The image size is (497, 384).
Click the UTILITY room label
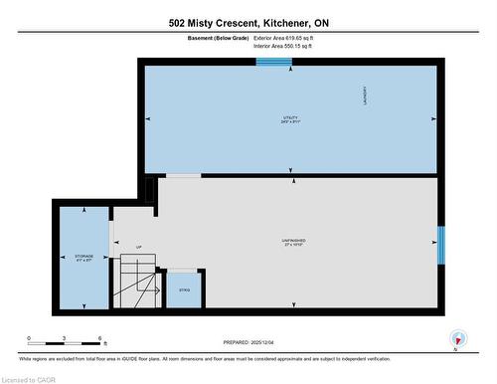click(x=290, y=118)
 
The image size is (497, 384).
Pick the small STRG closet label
click(x=184, y=289)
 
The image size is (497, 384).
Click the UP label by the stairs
click(x=138, y=247)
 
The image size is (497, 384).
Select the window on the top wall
click(x=273, y=63)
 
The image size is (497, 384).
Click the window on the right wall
click(x=441, y=240)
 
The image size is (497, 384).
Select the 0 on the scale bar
click(x=29, y=339)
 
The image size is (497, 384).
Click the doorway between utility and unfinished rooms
click(x=182, y=177)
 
